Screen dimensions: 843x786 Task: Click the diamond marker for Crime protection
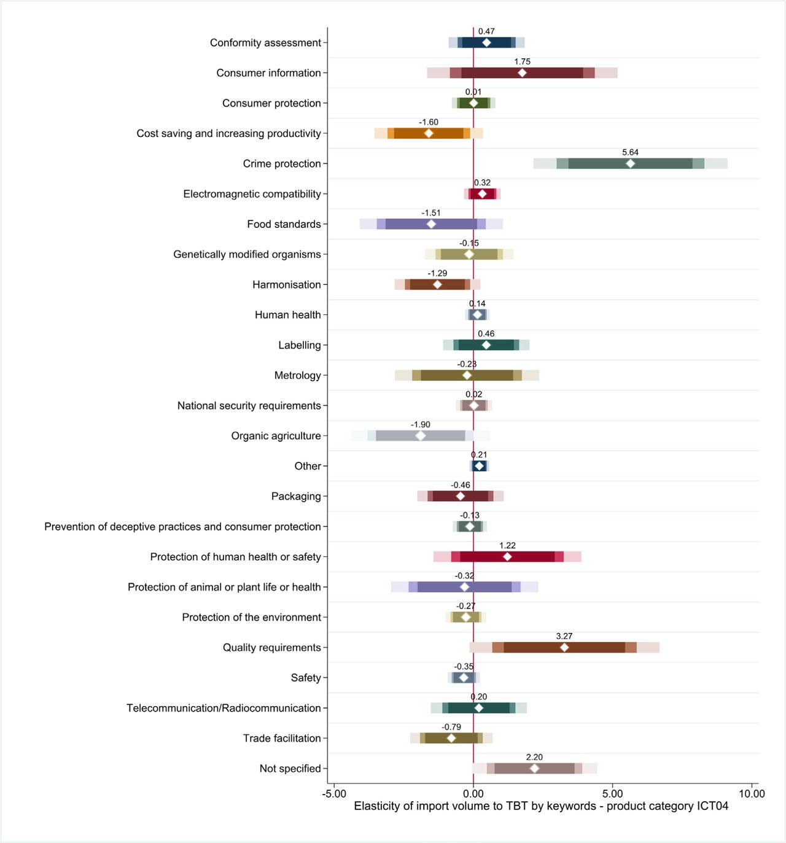click(630, 163)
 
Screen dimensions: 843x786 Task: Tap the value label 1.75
click(522, 61)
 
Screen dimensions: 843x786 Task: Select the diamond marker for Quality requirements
click(564, 647)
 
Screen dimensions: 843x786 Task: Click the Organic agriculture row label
click(276, 436)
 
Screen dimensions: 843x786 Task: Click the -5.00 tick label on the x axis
click(334, 793)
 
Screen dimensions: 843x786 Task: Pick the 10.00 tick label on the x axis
click(752, 793)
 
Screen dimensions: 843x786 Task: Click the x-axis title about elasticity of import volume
click(541, 806)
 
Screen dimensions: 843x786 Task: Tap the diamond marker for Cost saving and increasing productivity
click(429, 133)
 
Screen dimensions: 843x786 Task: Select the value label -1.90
click(421, 424)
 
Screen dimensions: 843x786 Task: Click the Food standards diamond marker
click(431, 224)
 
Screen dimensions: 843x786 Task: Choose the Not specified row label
click(290, 769)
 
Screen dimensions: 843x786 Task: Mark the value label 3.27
click(564, 636)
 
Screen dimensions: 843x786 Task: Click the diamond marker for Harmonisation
click(437, 284)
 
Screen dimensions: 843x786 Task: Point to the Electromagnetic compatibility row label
click(252, 194)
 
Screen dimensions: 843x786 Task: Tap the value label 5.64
click(630, 152)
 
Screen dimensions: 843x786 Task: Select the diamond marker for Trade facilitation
click(451, 738)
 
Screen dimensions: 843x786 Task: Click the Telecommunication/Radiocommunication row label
click(224, 708)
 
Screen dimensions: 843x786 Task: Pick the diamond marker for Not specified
click(534, 768)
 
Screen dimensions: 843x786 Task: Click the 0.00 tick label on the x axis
click(473, 793)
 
